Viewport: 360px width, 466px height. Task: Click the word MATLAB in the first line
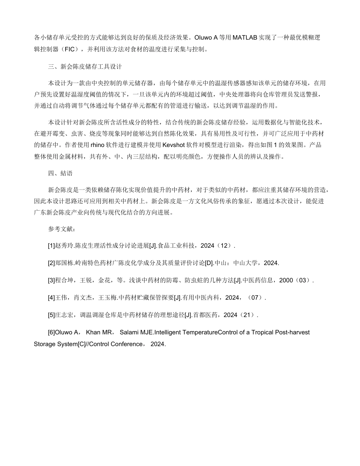246,38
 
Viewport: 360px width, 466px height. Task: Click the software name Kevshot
175,145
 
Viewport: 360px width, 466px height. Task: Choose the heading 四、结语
60,173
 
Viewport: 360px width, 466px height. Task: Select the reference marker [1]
52,246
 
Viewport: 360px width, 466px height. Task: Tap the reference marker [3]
52,280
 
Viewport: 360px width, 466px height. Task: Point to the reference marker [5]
52,315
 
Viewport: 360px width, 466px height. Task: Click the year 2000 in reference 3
286,280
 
